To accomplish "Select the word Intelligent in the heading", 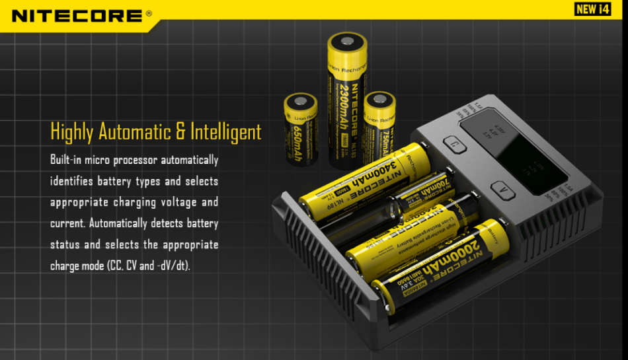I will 226,131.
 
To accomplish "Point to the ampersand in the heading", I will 180,131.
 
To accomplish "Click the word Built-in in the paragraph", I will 67,160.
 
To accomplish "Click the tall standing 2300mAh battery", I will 347,99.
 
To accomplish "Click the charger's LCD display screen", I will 509,149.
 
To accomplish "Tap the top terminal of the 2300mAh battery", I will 347,44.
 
